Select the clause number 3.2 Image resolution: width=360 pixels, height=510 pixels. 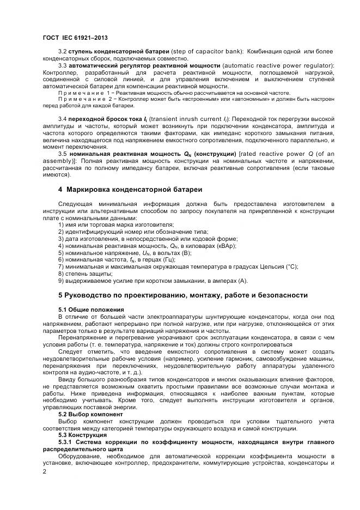pos(62,51)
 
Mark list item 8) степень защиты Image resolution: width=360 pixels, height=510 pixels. pos(85,274)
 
